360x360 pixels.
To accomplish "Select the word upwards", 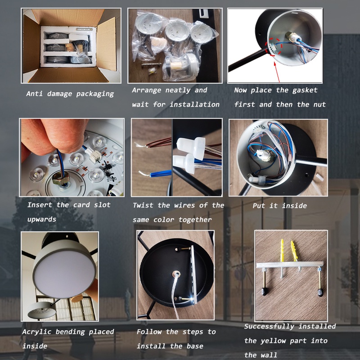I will pyautogui.click(x=42, y=219).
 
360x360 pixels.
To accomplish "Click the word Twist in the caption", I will pyautogui.click(x=143, y=205).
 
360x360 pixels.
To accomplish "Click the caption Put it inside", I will pyautogui.click(x=279, y=206).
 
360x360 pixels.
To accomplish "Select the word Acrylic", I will pyautogui.click(x=37, y=332).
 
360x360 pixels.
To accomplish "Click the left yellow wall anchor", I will pyautogui.click(x=282, y=250).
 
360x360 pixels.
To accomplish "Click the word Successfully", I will pyautogui.click(x=270, y=326).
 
